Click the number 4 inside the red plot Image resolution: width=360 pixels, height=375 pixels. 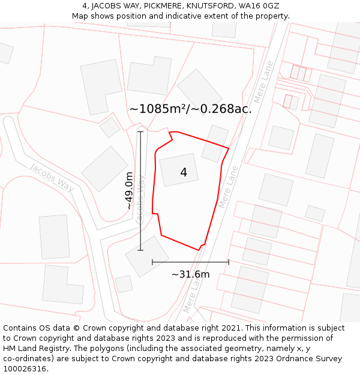(x=184, y=173)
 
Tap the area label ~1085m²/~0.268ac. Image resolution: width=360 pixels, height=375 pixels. (x=190, y=109)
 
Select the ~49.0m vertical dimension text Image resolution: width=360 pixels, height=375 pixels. (x=128, y=190)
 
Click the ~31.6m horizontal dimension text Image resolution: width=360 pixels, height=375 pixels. (x=191, y=275)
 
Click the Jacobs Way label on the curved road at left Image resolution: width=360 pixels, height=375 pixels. (x=52, y=178)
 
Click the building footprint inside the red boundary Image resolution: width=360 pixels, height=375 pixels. (x=179, y=170)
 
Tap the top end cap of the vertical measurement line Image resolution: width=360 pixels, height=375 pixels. (x=140, y=132)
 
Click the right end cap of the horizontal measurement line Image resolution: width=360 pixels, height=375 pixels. (x=229, y=262)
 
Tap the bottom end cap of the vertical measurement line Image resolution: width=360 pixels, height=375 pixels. (x=140, y=250)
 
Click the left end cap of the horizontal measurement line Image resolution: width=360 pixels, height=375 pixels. (x=152, y=262)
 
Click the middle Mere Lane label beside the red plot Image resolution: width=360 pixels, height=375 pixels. (x=229, y=187)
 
